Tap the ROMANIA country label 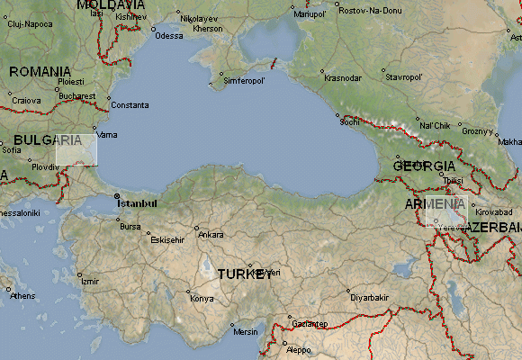40,71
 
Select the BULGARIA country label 48,140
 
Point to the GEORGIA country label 426,166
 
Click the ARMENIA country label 436,205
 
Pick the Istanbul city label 140,195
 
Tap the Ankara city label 211,235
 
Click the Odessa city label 168,36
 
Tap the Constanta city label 130,104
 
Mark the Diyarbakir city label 369,297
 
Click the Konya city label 202,298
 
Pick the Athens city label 22,295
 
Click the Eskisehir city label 166,240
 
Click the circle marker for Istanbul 116,195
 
